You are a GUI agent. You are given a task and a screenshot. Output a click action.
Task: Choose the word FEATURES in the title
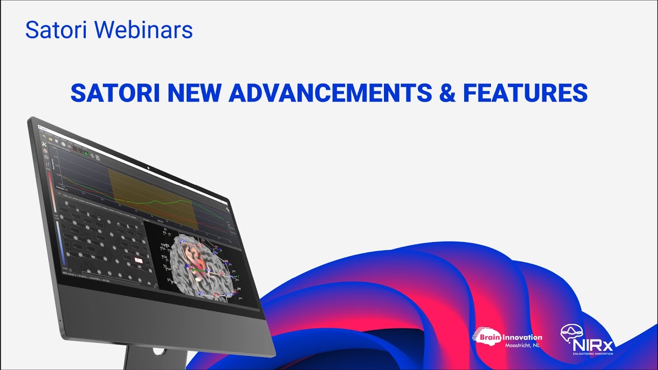[x=525, y=93]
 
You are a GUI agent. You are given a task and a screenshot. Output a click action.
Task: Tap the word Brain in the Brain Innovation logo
[x=487, y=338]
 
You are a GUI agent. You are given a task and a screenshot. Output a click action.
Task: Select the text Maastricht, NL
[x=523, y=346]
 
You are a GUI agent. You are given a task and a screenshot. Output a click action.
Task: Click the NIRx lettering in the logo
[x=594, y=345]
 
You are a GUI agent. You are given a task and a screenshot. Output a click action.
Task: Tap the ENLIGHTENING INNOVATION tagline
[x=593, y=354]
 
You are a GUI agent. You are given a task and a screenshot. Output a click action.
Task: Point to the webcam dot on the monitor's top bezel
[x=148, y=167]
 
